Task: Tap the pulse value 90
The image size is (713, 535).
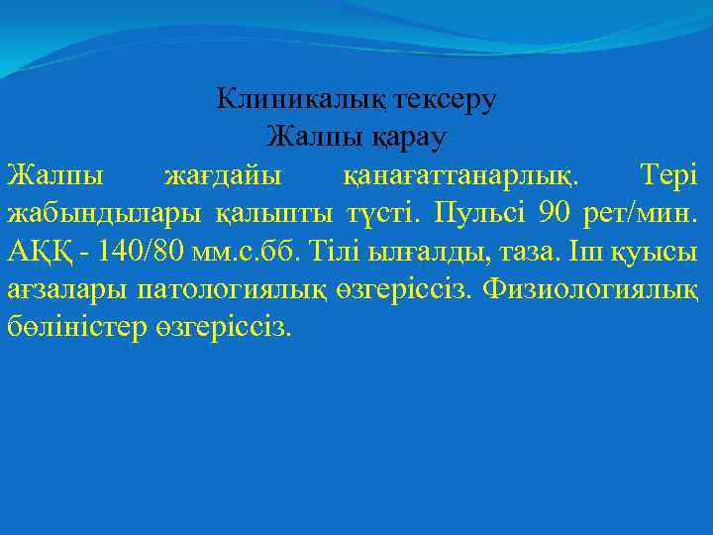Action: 555,212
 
